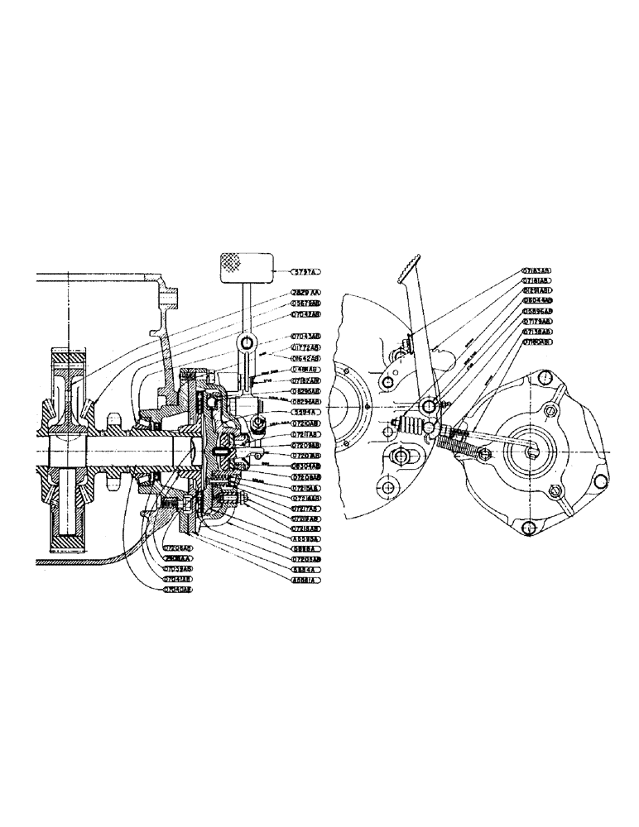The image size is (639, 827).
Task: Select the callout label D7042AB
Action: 305,315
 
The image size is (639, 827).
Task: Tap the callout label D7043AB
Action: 305,337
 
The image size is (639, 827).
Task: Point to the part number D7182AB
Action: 305,380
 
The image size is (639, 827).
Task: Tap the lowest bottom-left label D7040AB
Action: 177,590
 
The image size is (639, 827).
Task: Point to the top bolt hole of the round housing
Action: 545,377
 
